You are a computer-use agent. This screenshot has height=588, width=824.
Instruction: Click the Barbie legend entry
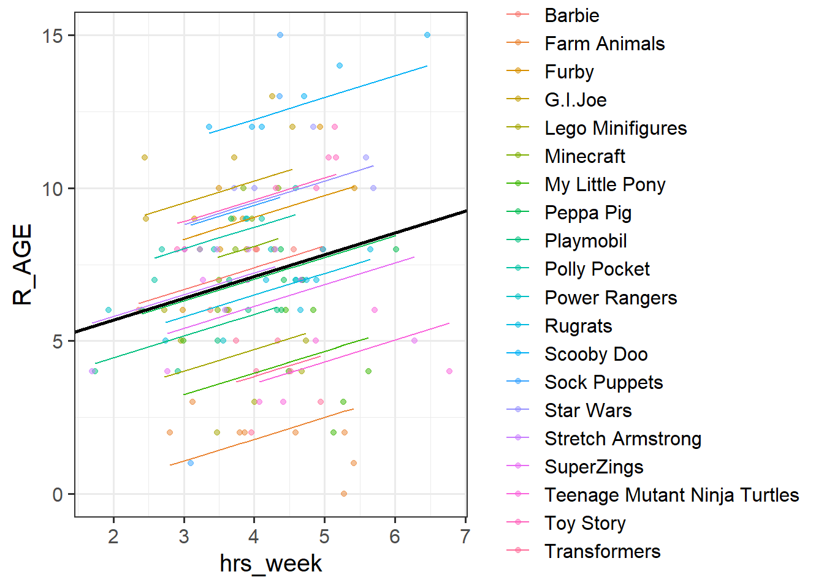pyautogui.click(x=571, y=15)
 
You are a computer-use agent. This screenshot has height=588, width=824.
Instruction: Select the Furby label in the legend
pyautogui.click(x=569, y=72)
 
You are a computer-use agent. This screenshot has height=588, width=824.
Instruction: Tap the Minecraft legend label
pyautogui.click(x=585, y=156)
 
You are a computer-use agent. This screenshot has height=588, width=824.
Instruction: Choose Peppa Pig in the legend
pyautogui.click(x=588, y=213)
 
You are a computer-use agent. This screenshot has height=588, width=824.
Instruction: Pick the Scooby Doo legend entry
pyautogui.click(x=596, y=354)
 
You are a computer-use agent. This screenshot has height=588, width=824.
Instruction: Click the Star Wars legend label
pyautogui.click(x=588, y=410)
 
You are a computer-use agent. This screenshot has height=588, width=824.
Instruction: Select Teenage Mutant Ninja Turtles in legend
pyautogui.click(x=671, y=495)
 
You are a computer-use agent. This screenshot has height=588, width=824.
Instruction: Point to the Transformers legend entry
pyautogui.click(x=602, y=551)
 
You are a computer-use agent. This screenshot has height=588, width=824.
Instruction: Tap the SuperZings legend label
pyautogui.click(x=593, y=467)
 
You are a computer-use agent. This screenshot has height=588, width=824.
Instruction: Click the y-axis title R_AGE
pyautogui.click(x=23, y=265)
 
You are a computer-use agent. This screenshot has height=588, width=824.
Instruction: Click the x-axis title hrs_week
pyautogui.click(x=270, y=563)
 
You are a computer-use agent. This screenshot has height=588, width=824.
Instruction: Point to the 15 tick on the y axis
pyautogui.click(x=53, y=36)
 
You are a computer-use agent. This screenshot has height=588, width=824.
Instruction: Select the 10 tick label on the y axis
pyautogui.click(x=53, y=189)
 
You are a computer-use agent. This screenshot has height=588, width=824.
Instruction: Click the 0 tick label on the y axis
pyautogui.click(x=58, y=494)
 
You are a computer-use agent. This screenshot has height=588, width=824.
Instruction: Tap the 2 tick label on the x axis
pyautogui.click(x=113, y=537)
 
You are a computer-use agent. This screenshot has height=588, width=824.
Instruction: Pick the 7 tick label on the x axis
pyautogui.click(x=465, y=537)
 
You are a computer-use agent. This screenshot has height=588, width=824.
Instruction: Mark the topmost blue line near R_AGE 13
pyautogui.click(x=319, y=99)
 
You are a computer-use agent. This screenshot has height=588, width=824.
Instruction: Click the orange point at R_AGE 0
pyautogui.click(x=343, y=494)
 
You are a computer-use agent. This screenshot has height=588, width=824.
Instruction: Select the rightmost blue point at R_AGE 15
pyautogui.click(x=427, y=35)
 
